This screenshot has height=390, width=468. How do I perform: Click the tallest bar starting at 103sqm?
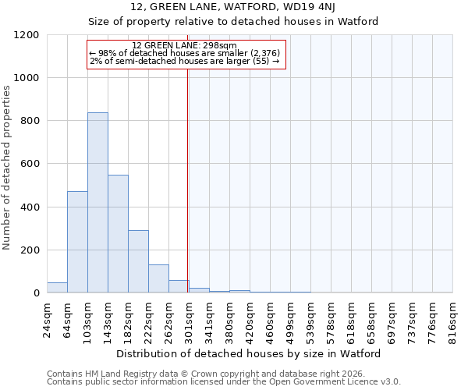pyautogui.click(x=97, y=203)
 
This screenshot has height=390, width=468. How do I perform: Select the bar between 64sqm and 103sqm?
pyautogui.click(x=77, y=242)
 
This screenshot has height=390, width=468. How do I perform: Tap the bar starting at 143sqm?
pyautogui.click(x=118, y=234)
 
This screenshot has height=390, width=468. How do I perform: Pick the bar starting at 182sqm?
pyautogui.click(x=138, y=262)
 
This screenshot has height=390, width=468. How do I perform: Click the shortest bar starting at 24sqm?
pyautogui.click(x=57, y=288)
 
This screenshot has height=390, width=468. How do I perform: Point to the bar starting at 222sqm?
pyautogui.click(x=158, y=279)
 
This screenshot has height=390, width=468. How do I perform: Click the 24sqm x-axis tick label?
pyautogui.click(x=48, y=318)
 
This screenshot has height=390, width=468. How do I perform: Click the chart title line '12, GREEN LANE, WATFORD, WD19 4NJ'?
pyautogui.click(x=233, y=7)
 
